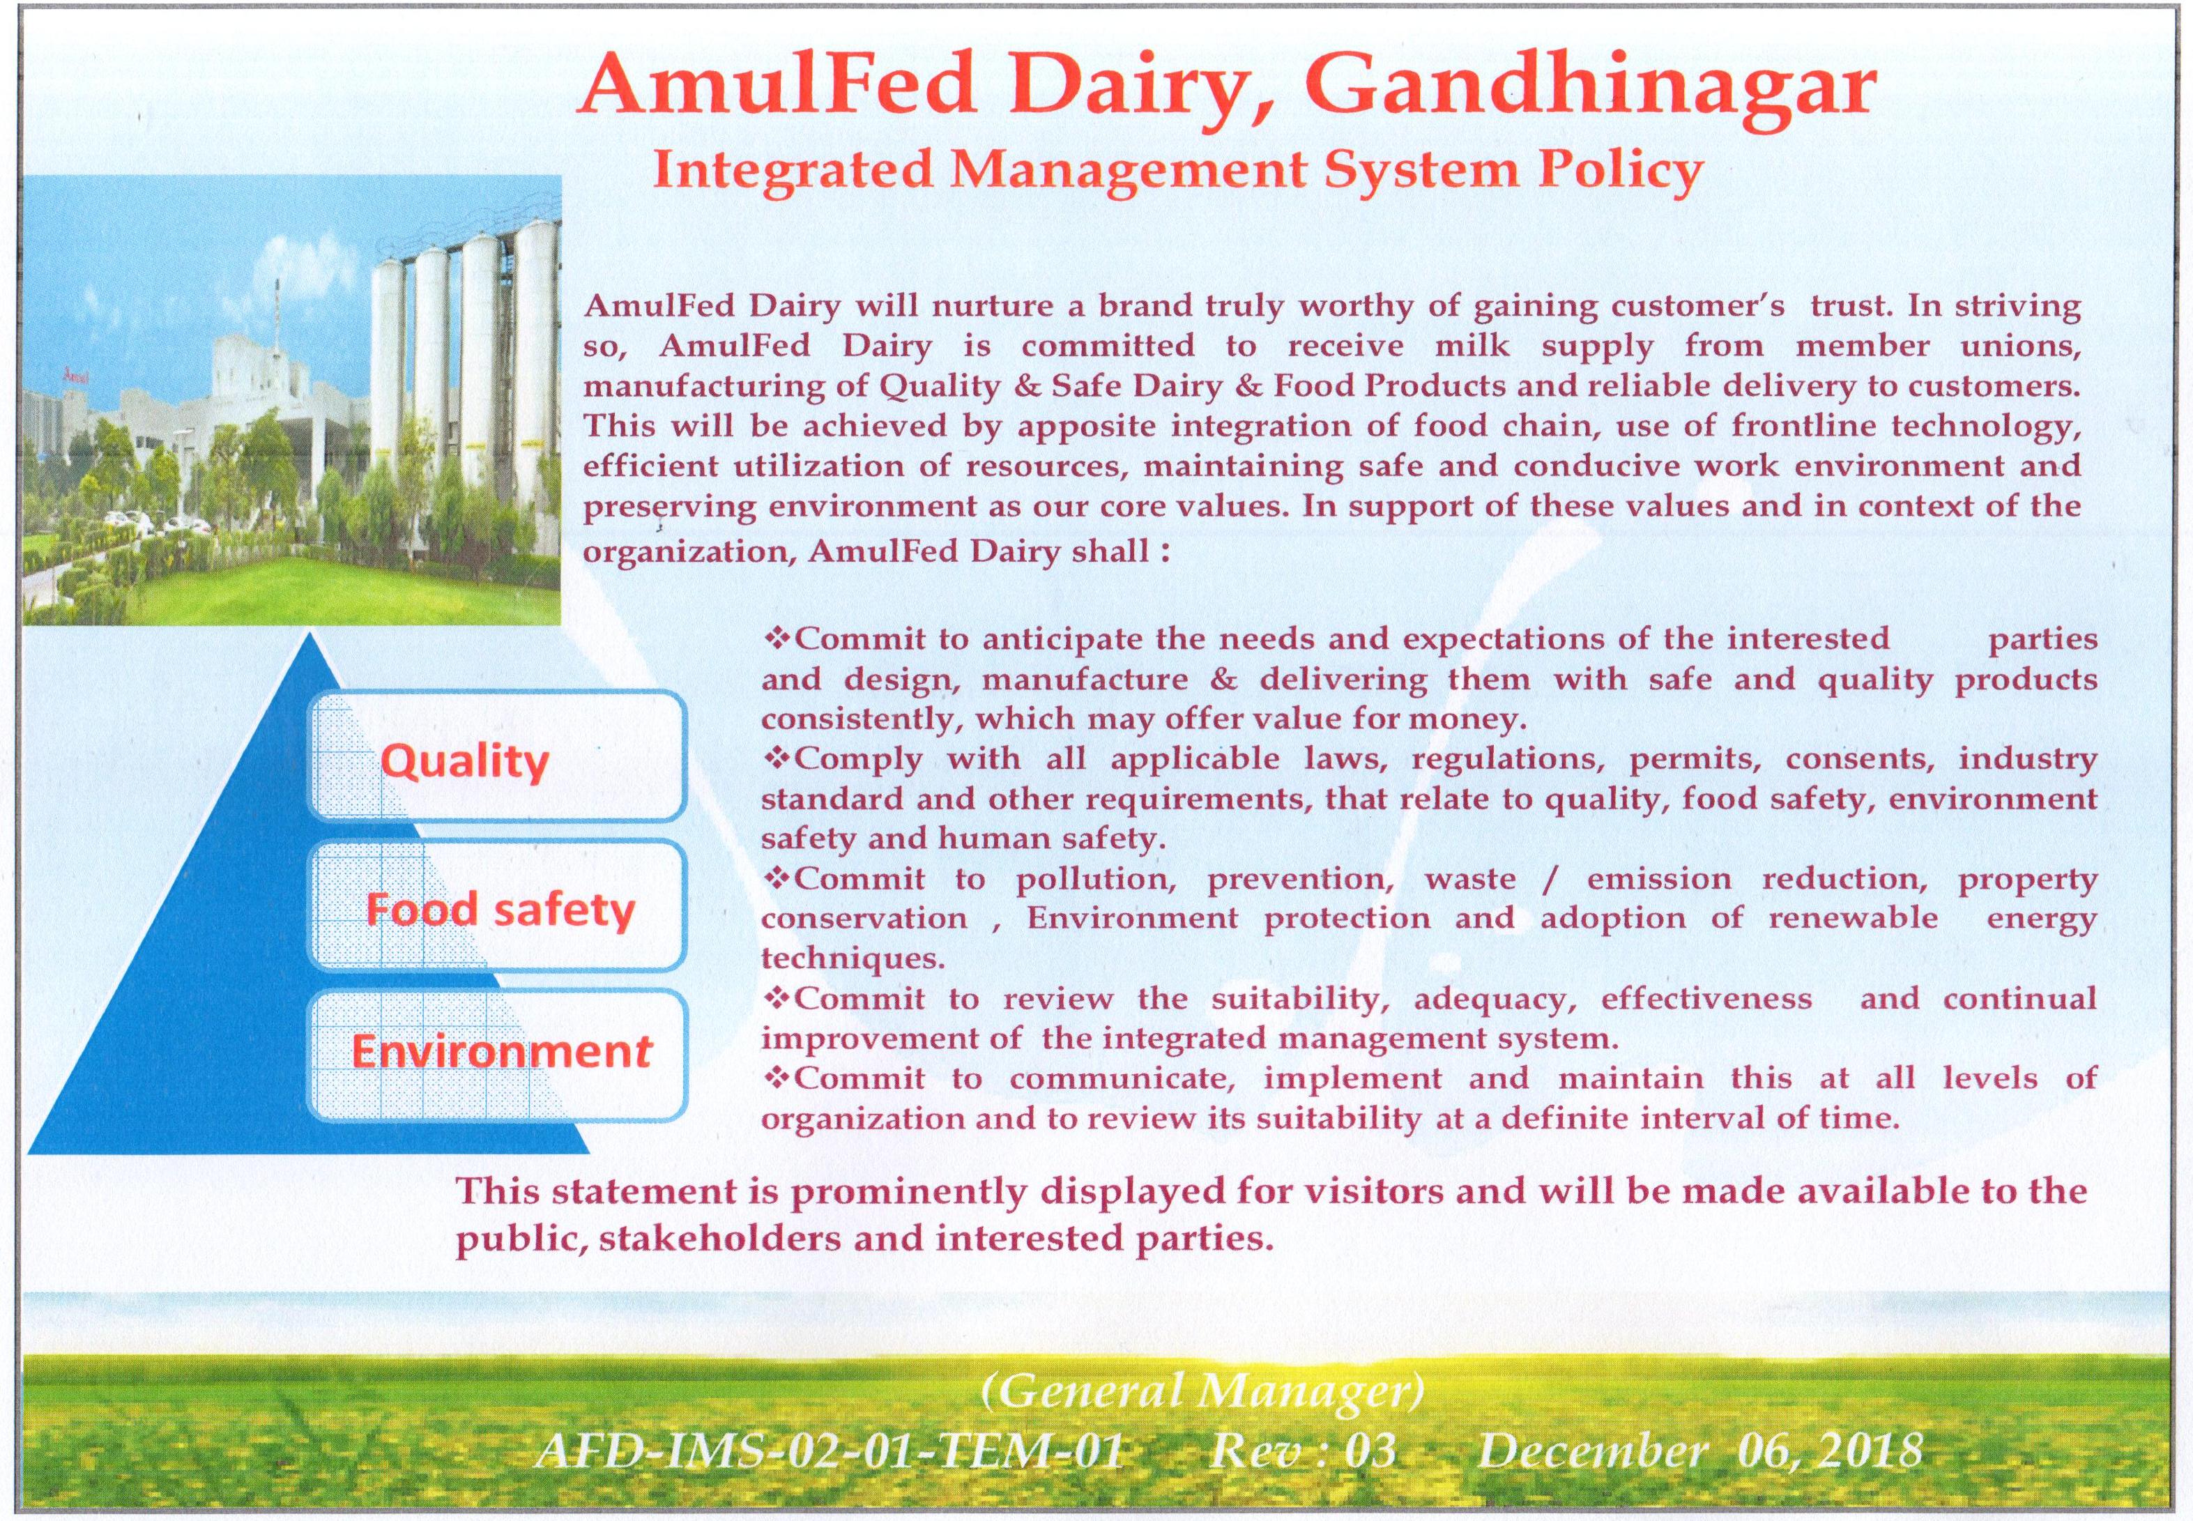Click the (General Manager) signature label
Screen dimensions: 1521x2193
pyautogui.click(x=1202, y=1392)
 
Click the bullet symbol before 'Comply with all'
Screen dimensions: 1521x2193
pyautogui.click(x=778, y=758)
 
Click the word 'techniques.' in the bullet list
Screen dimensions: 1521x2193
pyautogui.click(x=852, y=958)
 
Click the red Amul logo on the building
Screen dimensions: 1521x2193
pyautogui.click(x=73, y=374)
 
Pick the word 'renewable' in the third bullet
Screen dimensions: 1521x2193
pyautogui.click(x=1853, y=918)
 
